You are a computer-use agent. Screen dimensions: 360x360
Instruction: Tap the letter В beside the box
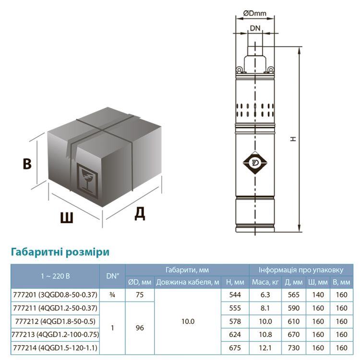(x=27, y=164)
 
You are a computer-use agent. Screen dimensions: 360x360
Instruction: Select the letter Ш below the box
(x=67, y=218)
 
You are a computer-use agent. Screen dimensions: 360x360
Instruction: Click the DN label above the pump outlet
(x=255, y=28)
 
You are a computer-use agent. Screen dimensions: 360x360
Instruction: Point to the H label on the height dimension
(x=292, y=139)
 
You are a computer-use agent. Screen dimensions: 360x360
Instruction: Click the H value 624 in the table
(x=235, y=334)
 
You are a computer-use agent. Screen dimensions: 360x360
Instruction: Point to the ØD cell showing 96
(x=140, y=328)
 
